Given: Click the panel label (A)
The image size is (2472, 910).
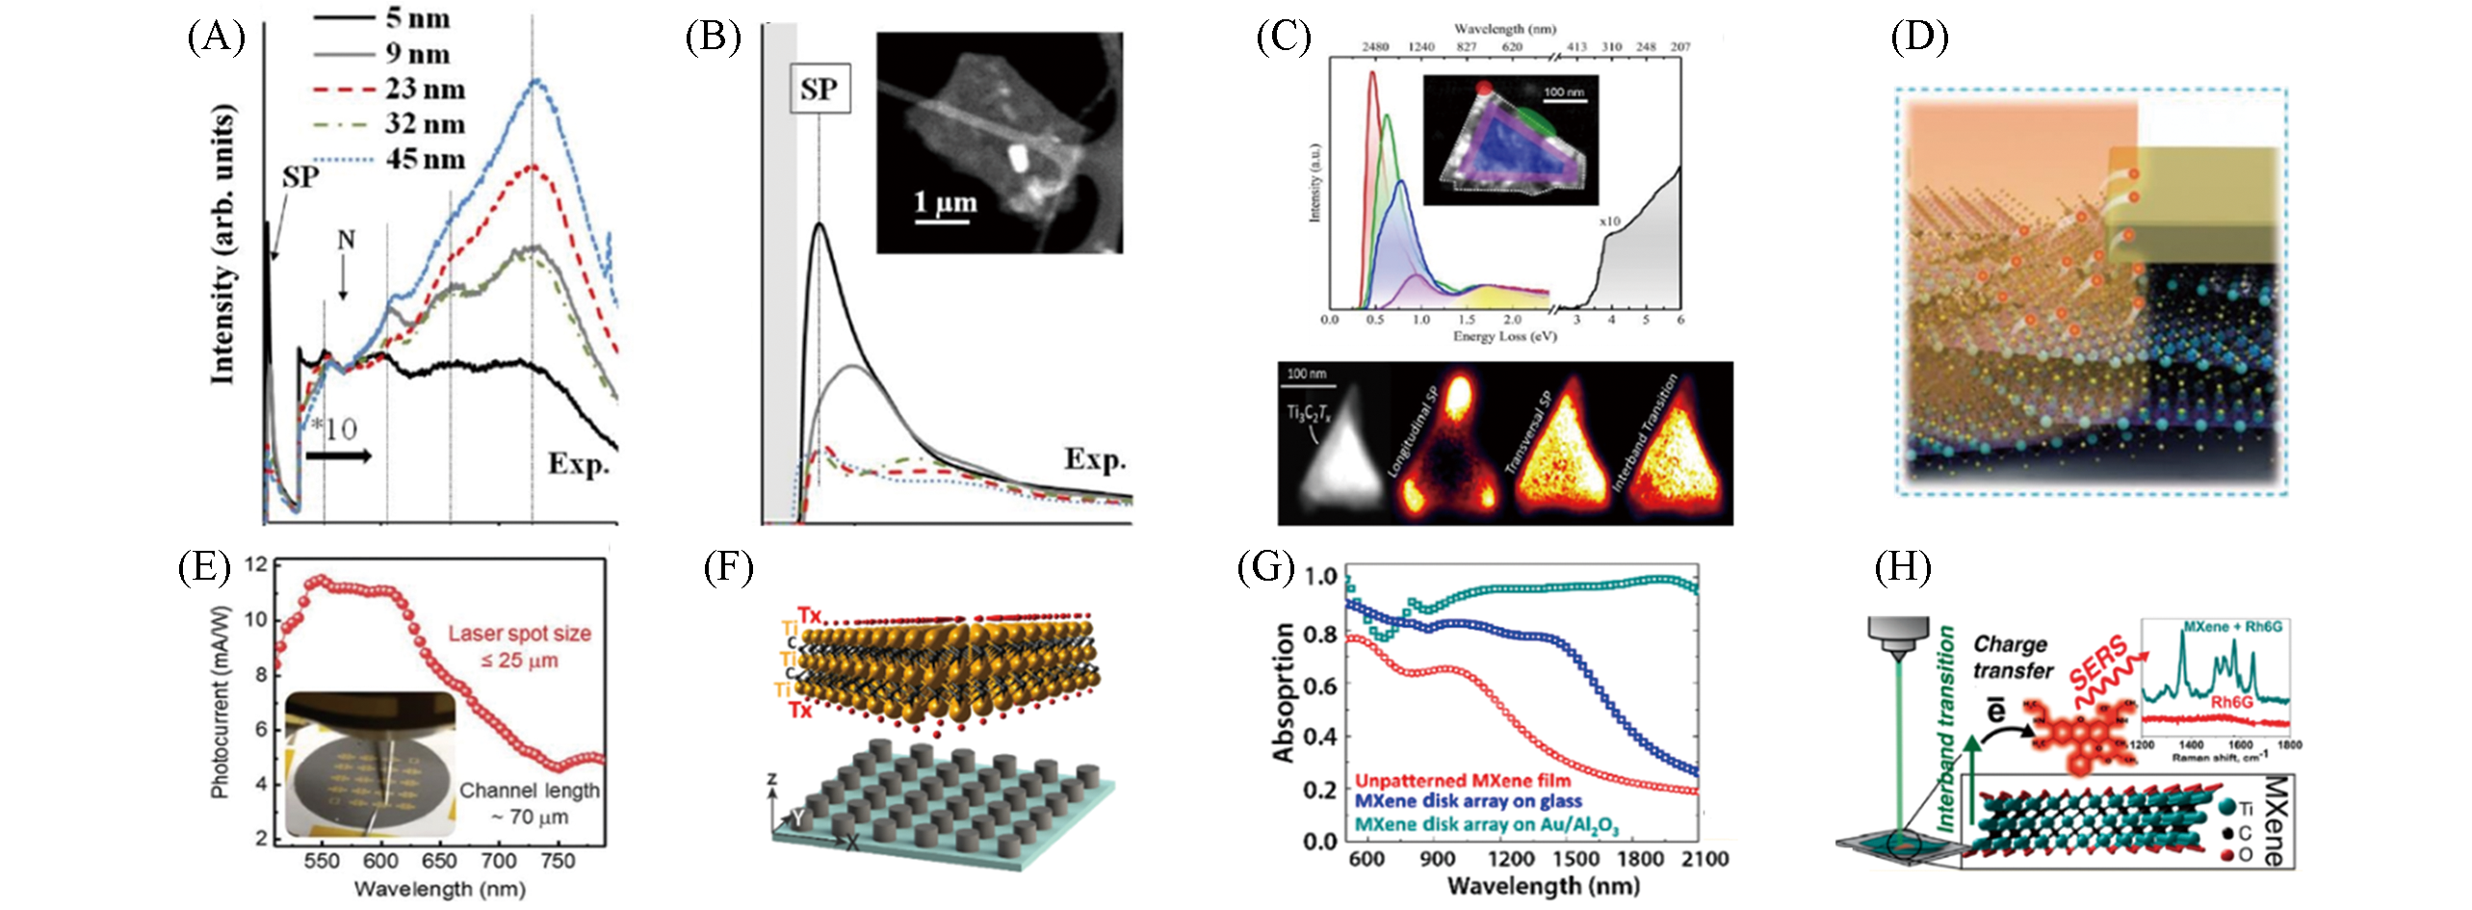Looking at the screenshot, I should pos(217,39).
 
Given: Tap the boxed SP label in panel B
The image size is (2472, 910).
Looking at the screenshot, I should pos(820,90).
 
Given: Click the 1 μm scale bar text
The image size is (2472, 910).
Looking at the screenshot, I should pos(945,202).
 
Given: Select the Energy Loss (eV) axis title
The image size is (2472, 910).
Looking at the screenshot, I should pos(1504,336).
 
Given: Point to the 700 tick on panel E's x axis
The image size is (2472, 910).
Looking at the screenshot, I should pos(499,861).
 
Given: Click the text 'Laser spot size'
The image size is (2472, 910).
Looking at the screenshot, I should pos(519,634).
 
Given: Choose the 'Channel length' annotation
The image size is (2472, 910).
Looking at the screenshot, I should pos(529,791).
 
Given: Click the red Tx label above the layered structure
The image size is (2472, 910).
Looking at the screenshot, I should pos(809,613).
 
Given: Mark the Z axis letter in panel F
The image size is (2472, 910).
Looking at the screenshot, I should pos(771,779).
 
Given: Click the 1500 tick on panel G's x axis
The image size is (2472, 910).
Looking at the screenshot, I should pos(1575,859).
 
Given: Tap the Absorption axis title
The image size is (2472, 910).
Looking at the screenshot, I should pos(1284,692).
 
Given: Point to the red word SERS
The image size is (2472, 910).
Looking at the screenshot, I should pos(2105,663).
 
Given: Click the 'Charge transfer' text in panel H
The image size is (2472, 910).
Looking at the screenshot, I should pos(2012,657).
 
